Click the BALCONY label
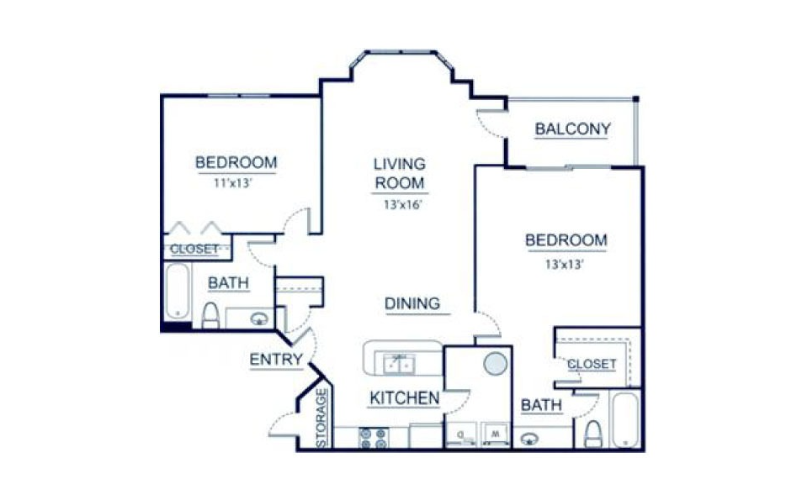572,129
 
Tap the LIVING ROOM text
400,173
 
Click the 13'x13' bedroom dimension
566,263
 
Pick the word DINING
412,303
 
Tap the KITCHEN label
404,398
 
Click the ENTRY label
276,360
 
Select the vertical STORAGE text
321,417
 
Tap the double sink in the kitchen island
399,363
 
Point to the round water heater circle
496,363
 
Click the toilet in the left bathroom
210,314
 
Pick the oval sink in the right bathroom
531,438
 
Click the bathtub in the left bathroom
177,292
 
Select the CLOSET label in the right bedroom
592,364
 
